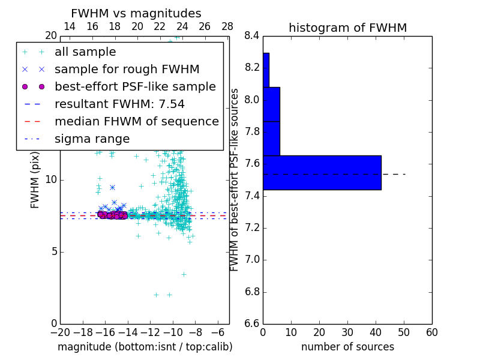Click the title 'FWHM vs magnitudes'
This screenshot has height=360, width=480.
coord(136,14)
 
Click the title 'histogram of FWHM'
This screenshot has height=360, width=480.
coord(347,28)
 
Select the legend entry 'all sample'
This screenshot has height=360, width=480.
coord(85,52)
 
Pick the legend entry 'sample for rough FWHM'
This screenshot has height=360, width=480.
coord(127,70)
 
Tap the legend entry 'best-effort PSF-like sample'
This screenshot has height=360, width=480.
coord(135,87)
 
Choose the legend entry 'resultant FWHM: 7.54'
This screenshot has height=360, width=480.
coord(120,104)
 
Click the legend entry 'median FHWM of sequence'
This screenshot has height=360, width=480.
coord(136,122)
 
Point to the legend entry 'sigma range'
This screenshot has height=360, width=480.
coord(92,139)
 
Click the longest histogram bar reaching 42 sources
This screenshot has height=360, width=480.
coord(322,173)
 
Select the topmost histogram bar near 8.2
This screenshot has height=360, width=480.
coord(266,70)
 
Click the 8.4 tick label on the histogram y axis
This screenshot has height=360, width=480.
coord(251,36)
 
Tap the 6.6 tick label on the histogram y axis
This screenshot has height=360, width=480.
coord(251,324)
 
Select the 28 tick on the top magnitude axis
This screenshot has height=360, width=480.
coord(227,27)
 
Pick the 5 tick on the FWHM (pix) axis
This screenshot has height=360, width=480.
coord(53,251)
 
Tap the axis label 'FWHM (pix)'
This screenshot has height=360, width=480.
coord(35,180)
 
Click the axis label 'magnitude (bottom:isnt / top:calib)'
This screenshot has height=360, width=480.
coord(145,347)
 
